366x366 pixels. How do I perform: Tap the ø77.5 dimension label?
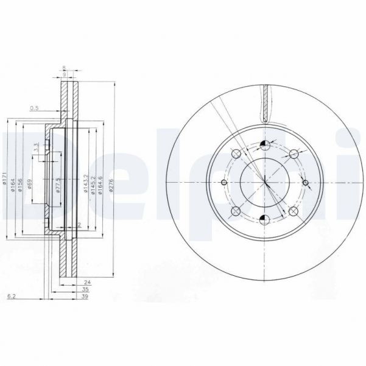point(58,185)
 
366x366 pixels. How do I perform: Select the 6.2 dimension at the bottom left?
point(10,296)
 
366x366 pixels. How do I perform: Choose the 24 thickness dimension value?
point(88,283)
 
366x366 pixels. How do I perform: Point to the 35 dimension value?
point(85,289)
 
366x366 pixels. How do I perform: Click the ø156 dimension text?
point(21,183)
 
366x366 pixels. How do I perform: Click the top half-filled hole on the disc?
point(264,144)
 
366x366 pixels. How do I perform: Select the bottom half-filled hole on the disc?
point(264,219)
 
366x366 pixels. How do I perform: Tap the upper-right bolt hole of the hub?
point(294,153)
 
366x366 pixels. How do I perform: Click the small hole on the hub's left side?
point(223,183)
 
